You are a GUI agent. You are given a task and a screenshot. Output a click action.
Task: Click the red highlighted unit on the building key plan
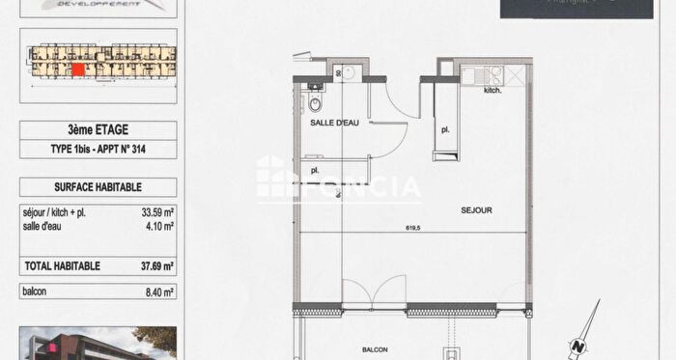77,69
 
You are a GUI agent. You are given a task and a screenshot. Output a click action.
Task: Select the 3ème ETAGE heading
98,129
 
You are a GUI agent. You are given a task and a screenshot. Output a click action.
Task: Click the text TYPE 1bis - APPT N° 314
98,149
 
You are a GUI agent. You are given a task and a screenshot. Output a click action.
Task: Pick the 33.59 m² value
156,212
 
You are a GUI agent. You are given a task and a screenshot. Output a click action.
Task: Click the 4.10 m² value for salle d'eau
159,227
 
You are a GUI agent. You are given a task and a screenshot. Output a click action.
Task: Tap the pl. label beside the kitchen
445,128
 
